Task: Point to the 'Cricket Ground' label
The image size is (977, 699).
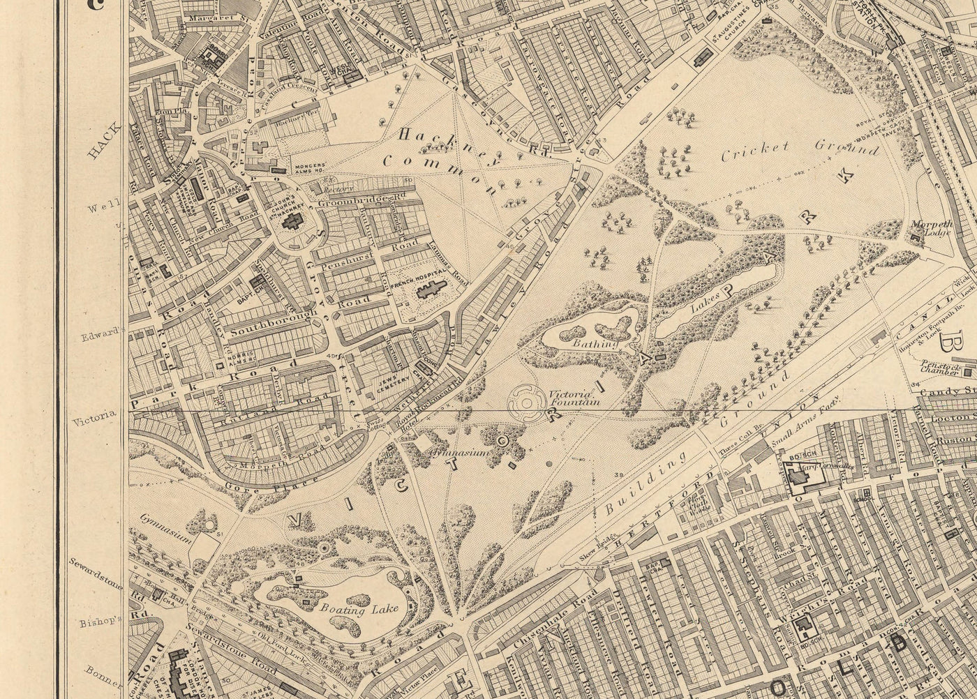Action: pos(800,150)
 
